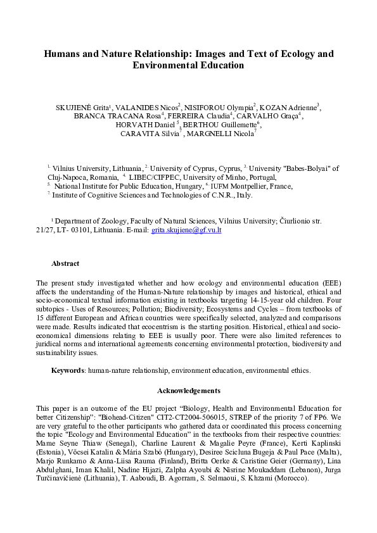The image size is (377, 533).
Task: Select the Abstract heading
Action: click(x=65, y=263)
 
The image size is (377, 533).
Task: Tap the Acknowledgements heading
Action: click(x=188, y=391)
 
